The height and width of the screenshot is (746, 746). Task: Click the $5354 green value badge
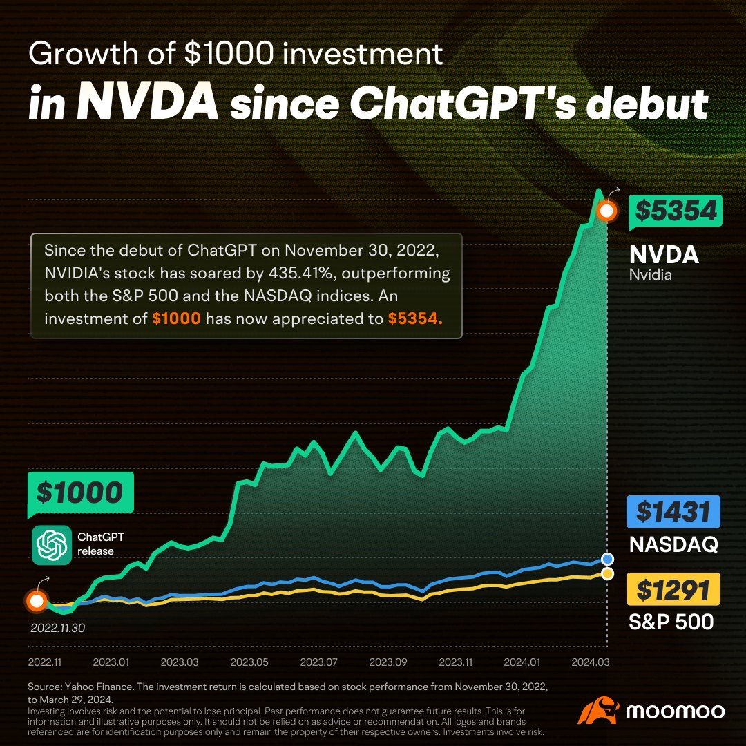click(675, 211)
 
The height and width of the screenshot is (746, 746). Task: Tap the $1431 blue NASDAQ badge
click(673, 512)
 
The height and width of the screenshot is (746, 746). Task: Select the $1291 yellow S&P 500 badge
click(673, 590)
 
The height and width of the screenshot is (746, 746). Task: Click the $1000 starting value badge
click(79, 492)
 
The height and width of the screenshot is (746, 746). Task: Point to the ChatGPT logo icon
click(52, 545)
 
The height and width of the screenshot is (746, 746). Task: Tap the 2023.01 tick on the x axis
click(112, 662)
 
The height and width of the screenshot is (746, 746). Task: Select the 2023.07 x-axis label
click(318, 662)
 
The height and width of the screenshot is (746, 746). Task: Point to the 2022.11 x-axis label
click(46, 662)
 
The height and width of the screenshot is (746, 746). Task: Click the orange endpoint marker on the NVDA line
click(606, 211)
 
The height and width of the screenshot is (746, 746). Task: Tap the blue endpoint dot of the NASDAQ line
click(607, 559)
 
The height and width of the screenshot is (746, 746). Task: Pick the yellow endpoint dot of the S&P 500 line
click(607, 574)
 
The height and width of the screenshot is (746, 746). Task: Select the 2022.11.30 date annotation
click(57, 629)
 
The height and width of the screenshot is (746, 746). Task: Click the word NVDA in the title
click(147, 102)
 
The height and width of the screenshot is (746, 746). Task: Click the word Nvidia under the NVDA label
click(651, 275)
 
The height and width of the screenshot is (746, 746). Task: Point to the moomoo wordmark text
click(676, 711)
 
